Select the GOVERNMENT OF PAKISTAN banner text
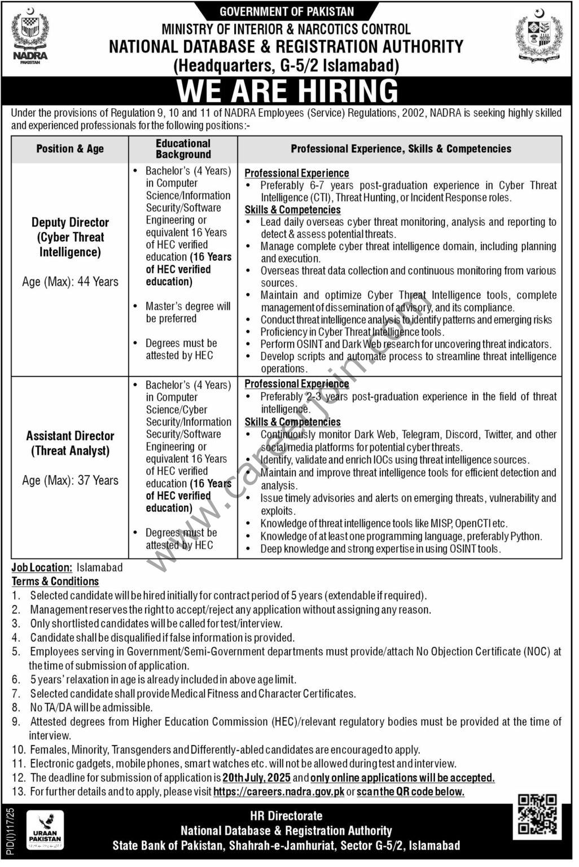287,11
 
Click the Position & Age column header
70,149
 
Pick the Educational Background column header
183,149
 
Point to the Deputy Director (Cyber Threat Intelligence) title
70,237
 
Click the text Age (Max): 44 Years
70,282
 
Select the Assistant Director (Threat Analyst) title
70,443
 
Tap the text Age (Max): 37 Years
70,480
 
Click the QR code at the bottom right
538,815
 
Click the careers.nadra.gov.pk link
279,792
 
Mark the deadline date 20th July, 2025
256,778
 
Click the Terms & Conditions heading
55,581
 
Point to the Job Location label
42,567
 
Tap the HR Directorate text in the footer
286,816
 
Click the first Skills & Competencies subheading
292,210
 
